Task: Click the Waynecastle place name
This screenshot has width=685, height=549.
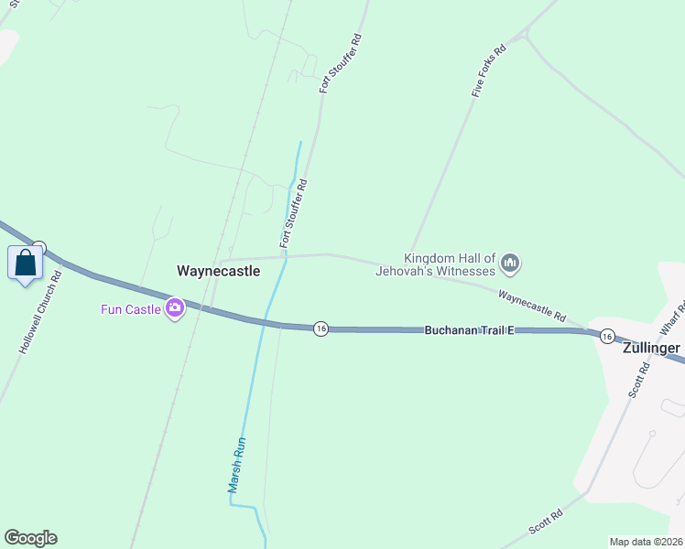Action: tap(218, 271)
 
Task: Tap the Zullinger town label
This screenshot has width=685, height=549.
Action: tap(651, 349)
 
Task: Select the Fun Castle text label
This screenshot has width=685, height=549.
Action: tap(131, 309)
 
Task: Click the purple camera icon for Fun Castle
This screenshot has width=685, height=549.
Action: tap(174, 309)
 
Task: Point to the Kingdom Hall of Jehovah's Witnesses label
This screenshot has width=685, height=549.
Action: tap(450, 264)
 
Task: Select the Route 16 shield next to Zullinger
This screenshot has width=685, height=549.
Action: tap(607, 337)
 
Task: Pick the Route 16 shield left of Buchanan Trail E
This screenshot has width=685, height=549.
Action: tap(320, 328)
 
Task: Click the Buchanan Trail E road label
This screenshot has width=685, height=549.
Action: tap(469, 329)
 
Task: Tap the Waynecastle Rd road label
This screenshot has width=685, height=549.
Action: tap(531, 307)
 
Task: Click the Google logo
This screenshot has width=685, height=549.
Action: tap(30, 538)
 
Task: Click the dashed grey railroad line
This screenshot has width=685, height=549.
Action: tap(183, 366)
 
